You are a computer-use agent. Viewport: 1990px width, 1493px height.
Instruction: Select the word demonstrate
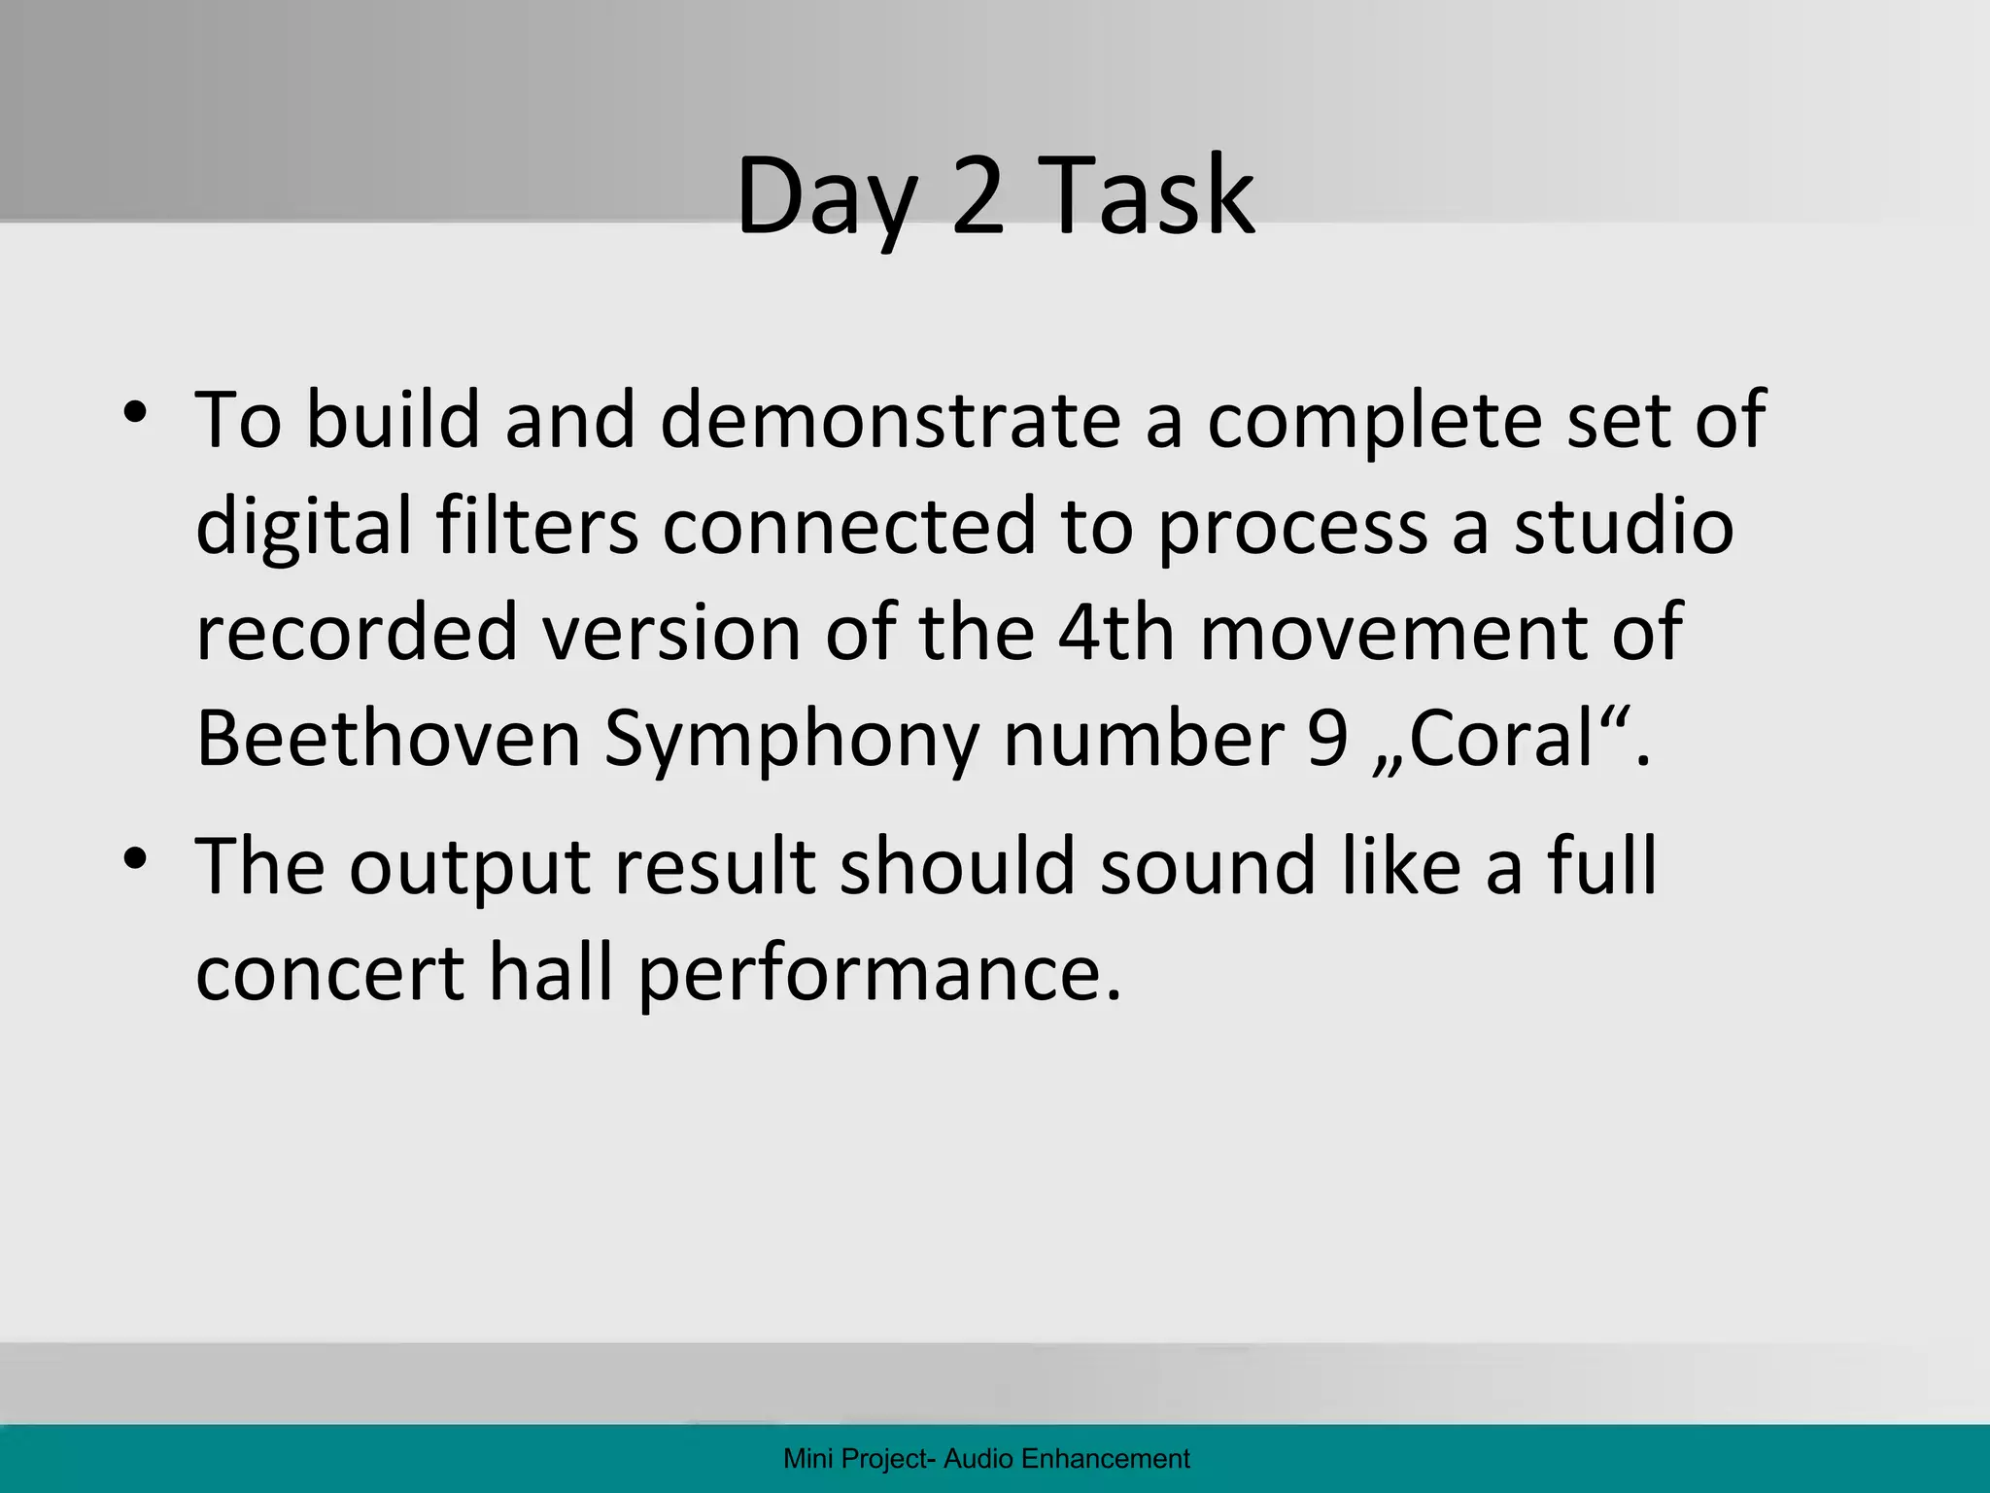[890, 420]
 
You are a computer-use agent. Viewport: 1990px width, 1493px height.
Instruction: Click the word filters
[536, 526]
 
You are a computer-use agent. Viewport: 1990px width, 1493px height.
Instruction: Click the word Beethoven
[388, 739]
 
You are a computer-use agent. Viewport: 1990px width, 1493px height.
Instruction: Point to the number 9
[1328, 740]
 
